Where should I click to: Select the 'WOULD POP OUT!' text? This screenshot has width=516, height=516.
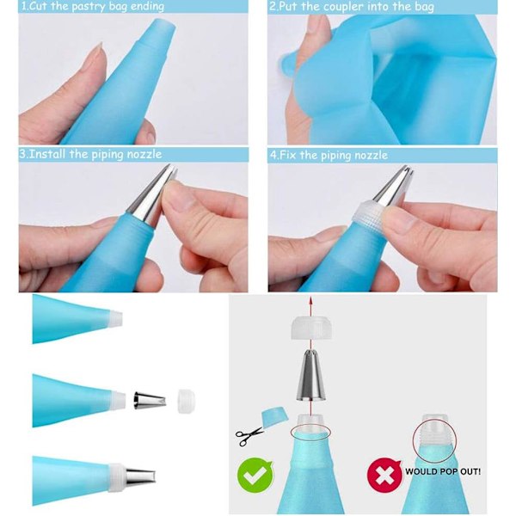tap(443, 471)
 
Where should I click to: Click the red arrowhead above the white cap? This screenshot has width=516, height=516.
tap(310, 300)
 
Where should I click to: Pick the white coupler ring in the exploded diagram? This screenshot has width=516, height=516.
tap(311, 328)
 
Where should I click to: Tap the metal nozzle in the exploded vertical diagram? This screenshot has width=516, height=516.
tap(310, 375)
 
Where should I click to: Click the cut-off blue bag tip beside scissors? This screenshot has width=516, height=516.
tap(274, 416)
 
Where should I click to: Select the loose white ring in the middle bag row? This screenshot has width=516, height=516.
tap(186, 401)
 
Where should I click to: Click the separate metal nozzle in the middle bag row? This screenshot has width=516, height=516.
tap(150, 400)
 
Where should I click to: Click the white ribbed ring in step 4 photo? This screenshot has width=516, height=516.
tap(368, 213)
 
